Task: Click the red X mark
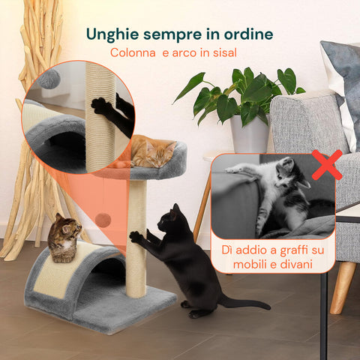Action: coord(326,164)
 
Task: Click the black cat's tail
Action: coord(244,304)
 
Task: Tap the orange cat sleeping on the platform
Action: coord(152,152)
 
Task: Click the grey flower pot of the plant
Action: coord(249,134)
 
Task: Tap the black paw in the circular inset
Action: coord(101,106)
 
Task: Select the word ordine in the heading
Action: coord(244,34)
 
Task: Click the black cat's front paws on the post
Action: coord(137,236)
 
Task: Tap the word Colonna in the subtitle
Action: coord(133,52)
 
